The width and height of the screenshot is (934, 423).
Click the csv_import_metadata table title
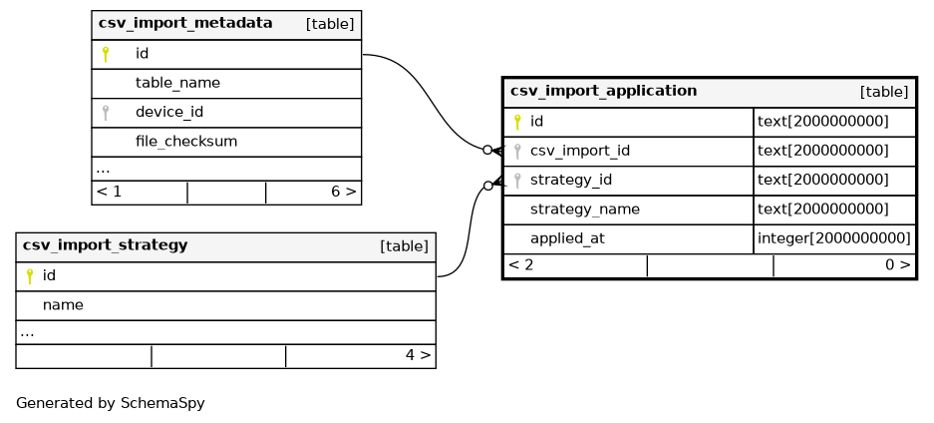[x=185, y=23]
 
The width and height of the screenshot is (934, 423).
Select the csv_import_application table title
[x=603, y=91]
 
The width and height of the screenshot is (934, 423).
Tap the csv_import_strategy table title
[x=105, y=244]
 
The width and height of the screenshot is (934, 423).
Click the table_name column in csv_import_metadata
[x=177, y=83]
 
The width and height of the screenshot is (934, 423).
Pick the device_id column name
[x=169, y=112]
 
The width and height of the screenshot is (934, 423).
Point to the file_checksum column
[x=185, y=142]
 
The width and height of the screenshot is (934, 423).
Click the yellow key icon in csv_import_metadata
[x=106, y=54]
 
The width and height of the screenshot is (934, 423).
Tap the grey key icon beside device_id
[x=106, y=113]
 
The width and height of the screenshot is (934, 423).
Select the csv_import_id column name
[x=579, y=151]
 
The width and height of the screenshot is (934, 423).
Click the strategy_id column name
[x=570, y=180]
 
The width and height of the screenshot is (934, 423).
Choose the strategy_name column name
[x=585, y=210]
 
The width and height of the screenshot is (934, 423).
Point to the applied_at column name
[x=567, y=238]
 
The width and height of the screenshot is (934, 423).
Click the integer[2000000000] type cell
[x=834, y=238]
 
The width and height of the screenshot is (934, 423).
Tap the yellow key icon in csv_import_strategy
[x=30, y=275]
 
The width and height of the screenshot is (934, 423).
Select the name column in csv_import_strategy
[x=63, y=305]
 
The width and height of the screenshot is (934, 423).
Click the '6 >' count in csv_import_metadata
[x=344, y=192]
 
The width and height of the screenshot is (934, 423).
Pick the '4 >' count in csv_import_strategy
[x=418, y=355]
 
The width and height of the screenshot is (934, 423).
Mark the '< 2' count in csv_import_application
[x=521, y=265]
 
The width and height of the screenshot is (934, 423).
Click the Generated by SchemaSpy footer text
[x=111, y=403]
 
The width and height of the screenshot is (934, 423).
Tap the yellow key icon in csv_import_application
[x=517, y=122]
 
